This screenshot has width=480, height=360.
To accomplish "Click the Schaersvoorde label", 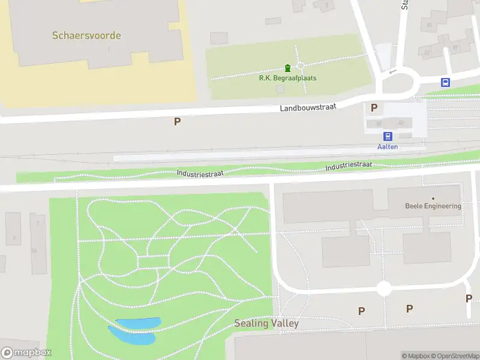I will click(x=86, y=35).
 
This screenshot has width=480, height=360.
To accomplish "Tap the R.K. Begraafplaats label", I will click(x=287, y=78).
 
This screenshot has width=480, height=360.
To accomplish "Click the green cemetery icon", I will click(x=287, y=67).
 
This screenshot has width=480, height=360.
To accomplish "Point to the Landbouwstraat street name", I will click(x=308, y=106).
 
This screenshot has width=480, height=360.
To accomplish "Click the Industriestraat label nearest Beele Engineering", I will click(x=349, y=165).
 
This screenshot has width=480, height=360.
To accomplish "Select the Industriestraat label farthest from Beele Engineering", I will click(x=200, y=173).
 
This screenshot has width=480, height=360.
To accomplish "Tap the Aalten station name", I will click(x=387, y=147).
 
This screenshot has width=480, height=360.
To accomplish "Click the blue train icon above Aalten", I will click(x=388, y=136).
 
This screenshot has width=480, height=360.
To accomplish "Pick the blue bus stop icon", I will click(x=445, y=83).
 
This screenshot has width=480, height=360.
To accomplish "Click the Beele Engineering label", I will click(x=433, y=206).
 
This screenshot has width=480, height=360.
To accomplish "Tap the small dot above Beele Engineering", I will click(x=433, y=198).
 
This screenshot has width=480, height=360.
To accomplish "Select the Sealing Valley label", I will click(x=266, y=323).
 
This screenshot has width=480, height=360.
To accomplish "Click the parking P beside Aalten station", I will click(x=374, y=108).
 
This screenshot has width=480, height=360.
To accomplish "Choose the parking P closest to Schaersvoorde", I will click(x=177, y=121).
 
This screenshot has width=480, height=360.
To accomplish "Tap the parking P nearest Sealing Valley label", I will click(x=361, y=311).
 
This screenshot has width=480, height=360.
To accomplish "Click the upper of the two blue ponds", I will click(x=139, y=323).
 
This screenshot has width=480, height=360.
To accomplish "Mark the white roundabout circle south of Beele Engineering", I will click(x=384, y=289).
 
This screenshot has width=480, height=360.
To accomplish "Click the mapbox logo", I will click(x=26, y=353).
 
